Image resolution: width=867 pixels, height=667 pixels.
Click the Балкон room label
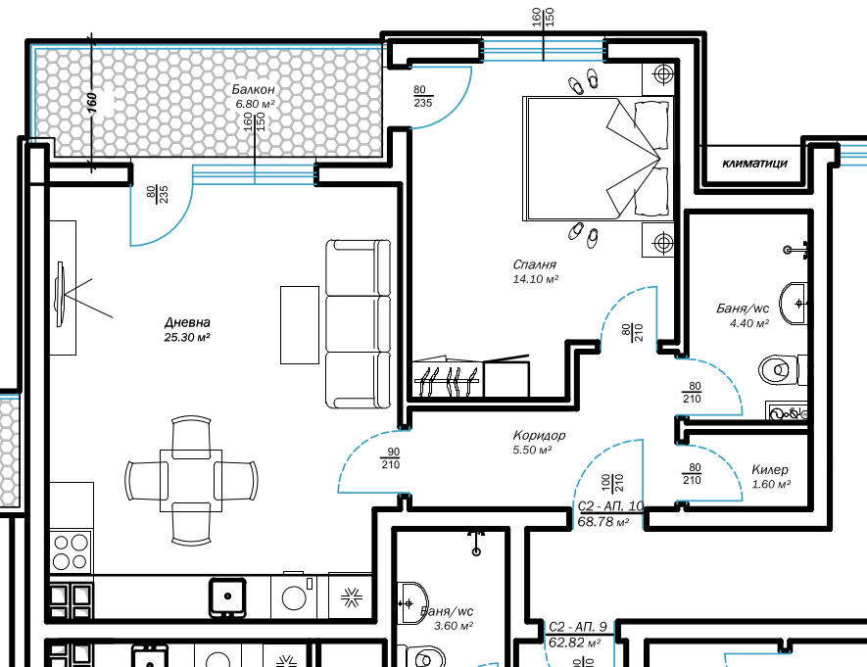point(253,89)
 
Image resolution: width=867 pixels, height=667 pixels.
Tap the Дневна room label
point(187,322)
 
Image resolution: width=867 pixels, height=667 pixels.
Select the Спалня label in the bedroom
point(534,264)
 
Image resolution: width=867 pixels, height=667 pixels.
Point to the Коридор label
point(539,436)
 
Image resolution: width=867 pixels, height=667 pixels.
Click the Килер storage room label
point(770,470)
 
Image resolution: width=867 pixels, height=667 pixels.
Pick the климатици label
point(754,163)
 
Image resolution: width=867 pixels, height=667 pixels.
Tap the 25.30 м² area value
point(187,337)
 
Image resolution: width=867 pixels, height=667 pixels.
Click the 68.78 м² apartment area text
point(603,522)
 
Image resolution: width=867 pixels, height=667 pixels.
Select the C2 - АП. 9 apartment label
point(578,627)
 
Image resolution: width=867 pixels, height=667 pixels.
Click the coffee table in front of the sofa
point(300,325)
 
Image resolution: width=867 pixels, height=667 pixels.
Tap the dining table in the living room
point(191,481)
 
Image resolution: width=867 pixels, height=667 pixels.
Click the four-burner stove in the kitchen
point(71,552)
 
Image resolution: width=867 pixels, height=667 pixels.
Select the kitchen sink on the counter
point(227,596)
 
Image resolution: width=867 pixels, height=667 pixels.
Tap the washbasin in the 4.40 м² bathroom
point(794,304)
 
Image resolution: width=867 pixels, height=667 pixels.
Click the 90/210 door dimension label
point(390,458)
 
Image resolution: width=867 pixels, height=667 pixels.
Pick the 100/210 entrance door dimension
point(612,483)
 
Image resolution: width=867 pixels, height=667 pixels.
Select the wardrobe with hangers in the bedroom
point(448,379)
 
